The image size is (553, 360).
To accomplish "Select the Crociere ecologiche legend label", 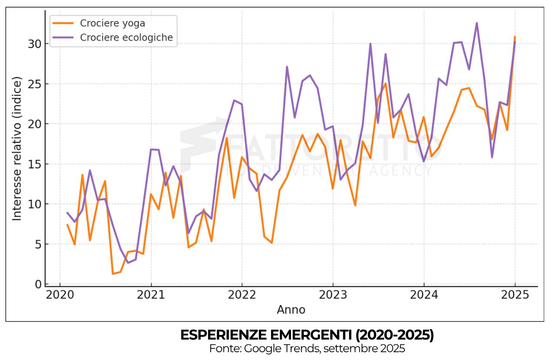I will click(126, 37).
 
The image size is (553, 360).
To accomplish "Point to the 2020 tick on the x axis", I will click(60, 296).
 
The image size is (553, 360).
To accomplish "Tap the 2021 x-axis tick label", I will click(151, 296).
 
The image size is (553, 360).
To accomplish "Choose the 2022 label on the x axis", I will click(242, 296).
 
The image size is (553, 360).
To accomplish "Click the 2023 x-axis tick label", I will click(333, 296).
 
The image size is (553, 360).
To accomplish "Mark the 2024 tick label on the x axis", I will click(424, 296).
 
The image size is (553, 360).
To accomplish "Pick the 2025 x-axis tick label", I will click(515, 296).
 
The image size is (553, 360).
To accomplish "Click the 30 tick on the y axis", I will click(36, 44).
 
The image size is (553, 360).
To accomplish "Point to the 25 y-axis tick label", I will click(36, 84).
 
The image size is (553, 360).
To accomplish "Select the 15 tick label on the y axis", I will click(36, 164).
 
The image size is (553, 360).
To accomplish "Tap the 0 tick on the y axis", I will click(38, 284).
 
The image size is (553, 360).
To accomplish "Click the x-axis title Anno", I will click(291, 310).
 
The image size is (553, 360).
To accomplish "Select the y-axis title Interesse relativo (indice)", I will click(17, 149).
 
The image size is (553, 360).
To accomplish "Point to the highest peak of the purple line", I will click(477, 23).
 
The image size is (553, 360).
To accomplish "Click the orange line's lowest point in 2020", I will click(113, 273).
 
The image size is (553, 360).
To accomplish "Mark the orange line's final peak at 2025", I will click(515, 37).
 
